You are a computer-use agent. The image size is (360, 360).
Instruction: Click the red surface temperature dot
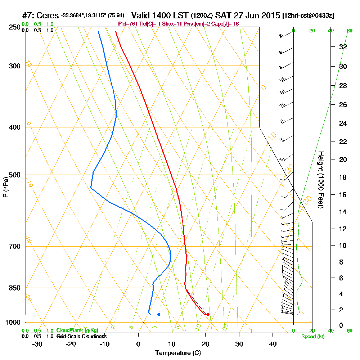208,315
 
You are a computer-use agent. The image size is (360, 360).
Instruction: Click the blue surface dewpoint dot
159,315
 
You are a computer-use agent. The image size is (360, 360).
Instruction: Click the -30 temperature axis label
37,344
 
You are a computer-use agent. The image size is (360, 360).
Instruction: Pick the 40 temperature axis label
273,344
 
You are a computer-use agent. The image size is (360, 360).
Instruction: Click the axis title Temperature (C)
178,353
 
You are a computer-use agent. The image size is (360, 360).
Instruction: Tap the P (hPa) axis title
5,187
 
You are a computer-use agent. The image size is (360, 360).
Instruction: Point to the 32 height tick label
343,47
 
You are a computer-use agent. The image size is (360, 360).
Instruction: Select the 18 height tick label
343,177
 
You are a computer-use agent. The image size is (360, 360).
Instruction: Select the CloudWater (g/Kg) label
77,330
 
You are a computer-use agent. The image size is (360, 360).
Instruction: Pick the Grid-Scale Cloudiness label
81,336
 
